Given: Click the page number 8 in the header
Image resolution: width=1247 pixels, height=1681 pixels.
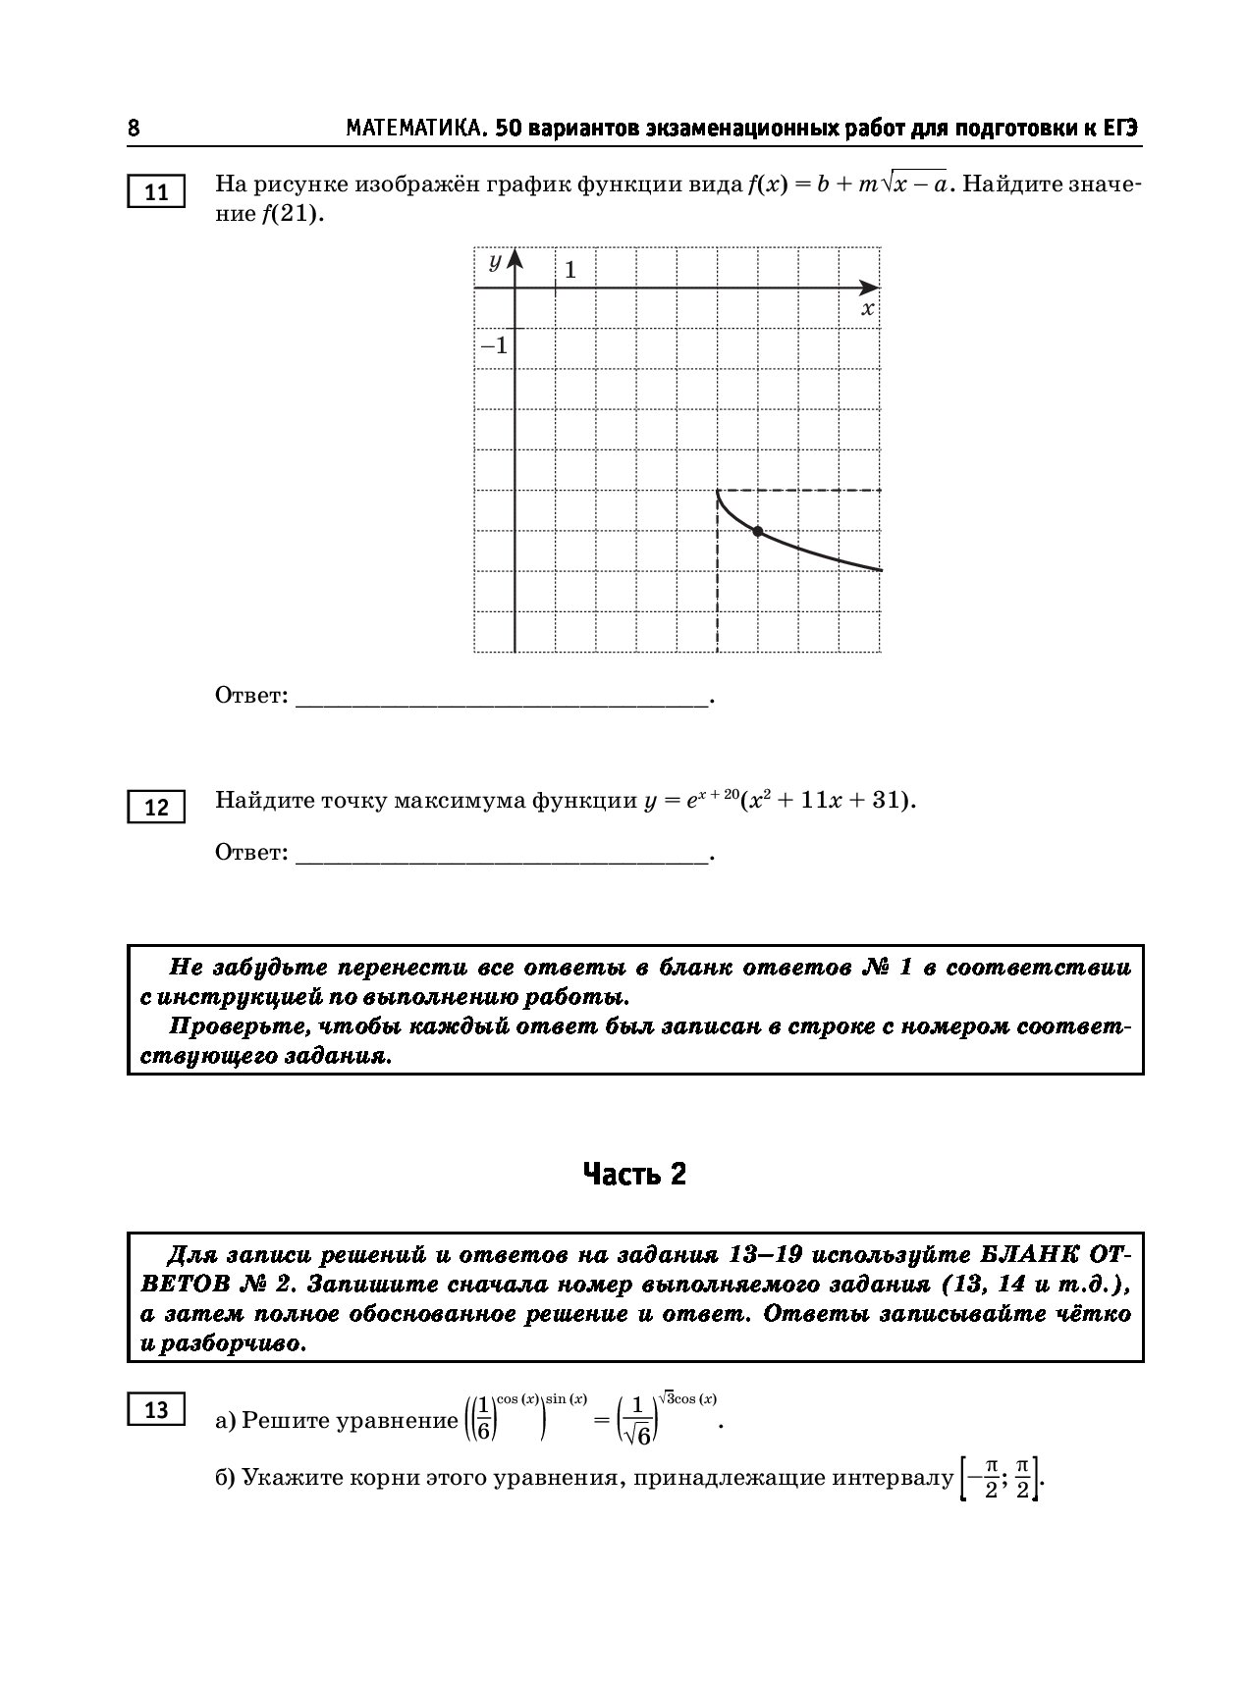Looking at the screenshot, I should pos(134,129).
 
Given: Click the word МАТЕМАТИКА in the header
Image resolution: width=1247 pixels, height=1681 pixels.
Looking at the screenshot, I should pos(416,129).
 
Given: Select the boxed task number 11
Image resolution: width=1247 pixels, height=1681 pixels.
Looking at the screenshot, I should pos(156,192).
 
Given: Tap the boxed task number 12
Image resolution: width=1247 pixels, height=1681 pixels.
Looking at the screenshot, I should pos(156,808).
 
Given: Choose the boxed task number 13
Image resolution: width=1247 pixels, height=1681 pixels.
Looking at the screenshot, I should pos(156,1410).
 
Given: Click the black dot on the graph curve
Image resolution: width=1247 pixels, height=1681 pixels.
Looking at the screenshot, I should pos(757,531).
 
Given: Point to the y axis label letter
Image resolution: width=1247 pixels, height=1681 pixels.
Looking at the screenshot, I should pos(495,261).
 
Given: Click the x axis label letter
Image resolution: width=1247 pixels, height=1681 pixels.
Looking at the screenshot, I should pos(867,309).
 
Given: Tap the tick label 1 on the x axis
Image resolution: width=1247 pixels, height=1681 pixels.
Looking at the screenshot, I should pos(569,269).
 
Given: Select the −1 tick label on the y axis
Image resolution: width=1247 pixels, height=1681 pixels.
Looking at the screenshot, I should pos(494,345).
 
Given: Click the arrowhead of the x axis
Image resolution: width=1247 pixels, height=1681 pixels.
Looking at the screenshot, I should pos(870,288).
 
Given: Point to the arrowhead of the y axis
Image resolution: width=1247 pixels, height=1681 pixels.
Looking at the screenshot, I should pos(515,259).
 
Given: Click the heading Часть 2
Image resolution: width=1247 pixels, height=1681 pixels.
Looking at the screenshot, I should pos(634,1174).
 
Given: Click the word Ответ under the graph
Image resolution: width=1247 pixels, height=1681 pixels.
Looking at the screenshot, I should pos(251,696).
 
